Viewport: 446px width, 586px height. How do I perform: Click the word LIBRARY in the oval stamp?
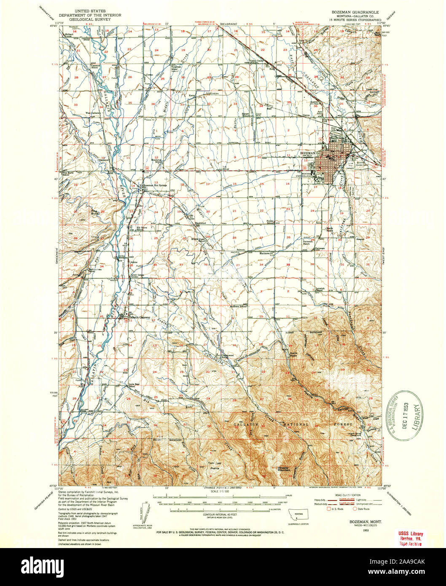(419, 415)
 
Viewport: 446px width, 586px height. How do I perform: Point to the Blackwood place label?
(200, 223)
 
